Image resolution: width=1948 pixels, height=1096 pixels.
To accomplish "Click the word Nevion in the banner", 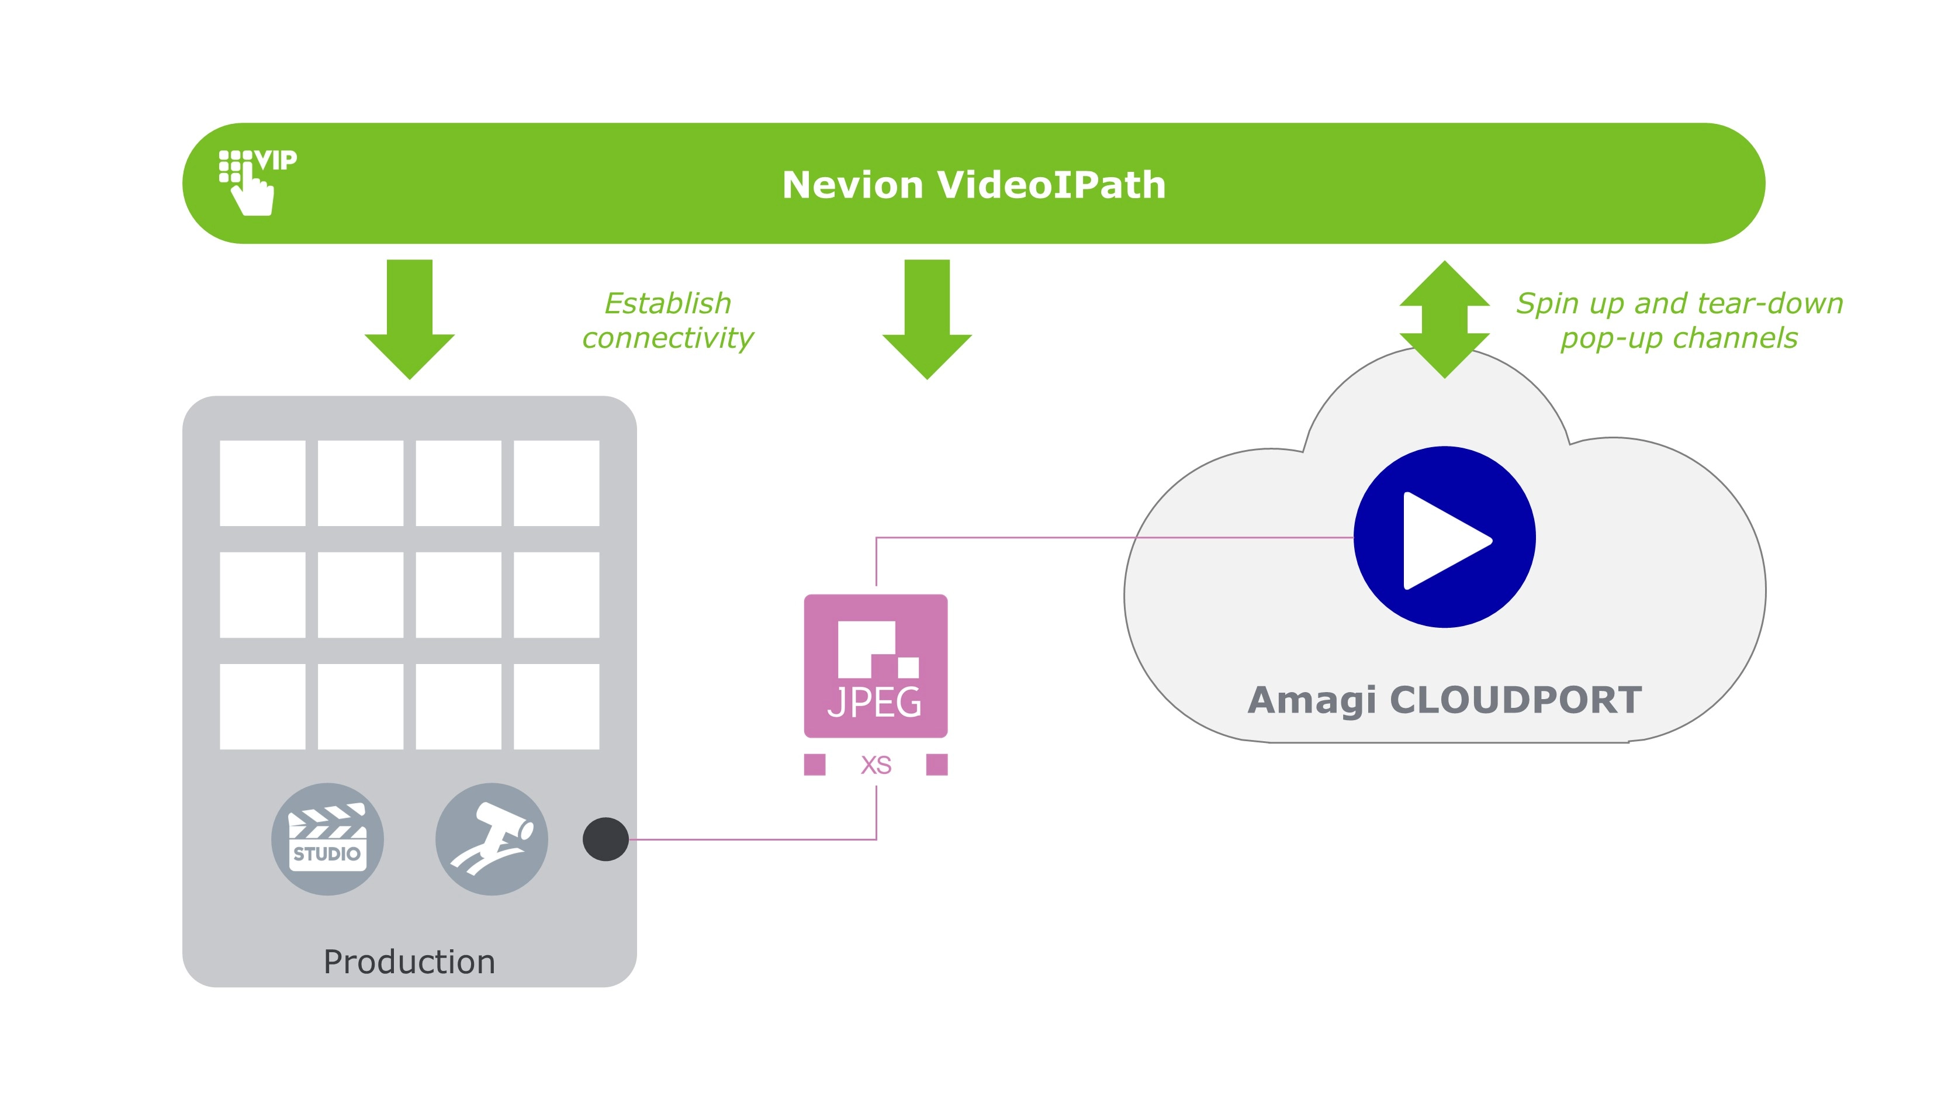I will [852, 185].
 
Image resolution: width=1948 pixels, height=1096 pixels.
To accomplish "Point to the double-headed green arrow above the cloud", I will [1444, 319].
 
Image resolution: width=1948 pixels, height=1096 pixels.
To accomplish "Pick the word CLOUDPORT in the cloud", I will [1516, 700].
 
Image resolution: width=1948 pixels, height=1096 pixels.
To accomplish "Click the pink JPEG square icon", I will [876, 666].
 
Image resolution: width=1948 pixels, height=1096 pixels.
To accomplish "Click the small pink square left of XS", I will [814, 765].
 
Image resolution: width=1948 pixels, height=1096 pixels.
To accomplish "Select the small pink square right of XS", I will [937, 765].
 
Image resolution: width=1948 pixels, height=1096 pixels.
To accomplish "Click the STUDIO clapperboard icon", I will [327, 839].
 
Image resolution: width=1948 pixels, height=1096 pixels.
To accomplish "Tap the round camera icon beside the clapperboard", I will [492, 839].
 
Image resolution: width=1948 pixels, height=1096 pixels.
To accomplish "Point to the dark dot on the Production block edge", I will [605, 839].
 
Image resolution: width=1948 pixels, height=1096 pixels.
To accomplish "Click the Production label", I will [409, 962].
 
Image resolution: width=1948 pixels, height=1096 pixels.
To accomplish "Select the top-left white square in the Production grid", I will [262, 483].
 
